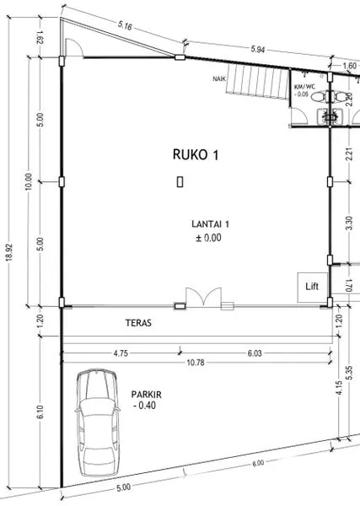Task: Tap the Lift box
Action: [x=309, y=286]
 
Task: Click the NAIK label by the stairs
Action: [x=222, y=79]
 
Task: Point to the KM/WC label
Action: [x=304, y=86]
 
